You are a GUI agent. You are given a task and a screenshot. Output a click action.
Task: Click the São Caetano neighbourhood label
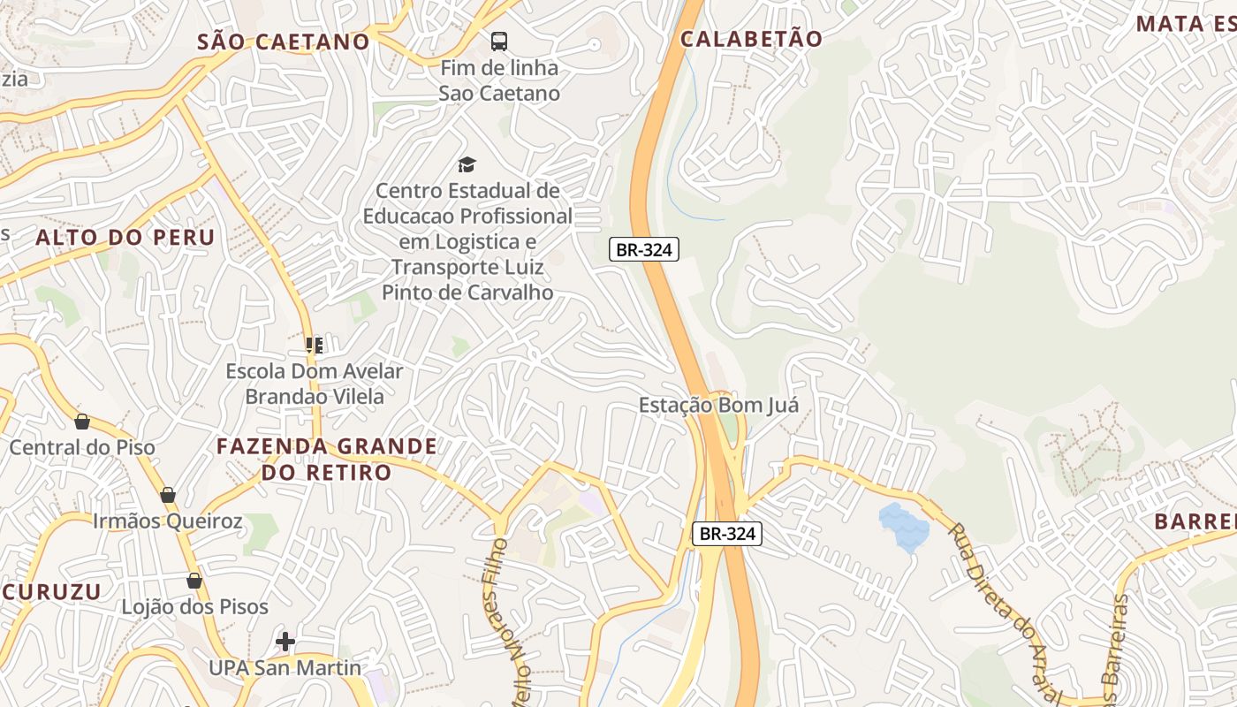(x=283, y=42)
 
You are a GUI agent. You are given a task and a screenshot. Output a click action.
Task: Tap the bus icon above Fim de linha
(x=499, y=41)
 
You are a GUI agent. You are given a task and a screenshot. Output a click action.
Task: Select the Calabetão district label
(x=752, y=38)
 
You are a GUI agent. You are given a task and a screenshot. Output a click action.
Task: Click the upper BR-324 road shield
(x=644, y=249)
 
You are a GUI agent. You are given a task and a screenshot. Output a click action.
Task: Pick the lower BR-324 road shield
(x=726, y=533)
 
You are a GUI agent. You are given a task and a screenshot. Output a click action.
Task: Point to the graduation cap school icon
(x=467, y=163)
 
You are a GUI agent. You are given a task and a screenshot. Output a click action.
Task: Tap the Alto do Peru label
(x=125, y=237)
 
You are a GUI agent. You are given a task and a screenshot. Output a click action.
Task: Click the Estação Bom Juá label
(x=718, y=406)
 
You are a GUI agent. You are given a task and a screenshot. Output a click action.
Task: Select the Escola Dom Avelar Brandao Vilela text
(x=315, y=384)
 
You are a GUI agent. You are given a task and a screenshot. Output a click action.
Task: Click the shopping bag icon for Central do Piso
(x=82, y=422)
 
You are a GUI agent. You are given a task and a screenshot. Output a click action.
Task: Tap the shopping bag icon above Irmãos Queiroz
(x=168, y=495)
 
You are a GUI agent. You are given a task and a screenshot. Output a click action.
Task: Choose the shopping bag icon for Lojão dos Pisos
(x=194, y=581)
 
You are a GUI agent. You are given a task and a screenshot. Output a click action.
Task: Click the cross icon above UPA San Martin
(x=285, y=641)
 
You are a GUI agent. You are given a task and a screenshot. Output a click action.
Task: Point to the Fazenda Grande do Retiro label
(x=327, y=459)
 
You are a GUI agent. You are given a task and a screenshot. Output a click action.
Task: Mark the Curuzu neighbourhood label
(x=51, y=591)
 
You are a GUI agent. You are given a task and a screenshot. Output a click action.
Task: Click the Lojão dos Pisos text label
(x=194, y=607)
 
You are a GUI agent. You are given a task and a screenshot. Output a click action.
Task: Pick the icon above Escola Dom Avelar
(x=315, y=345)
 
